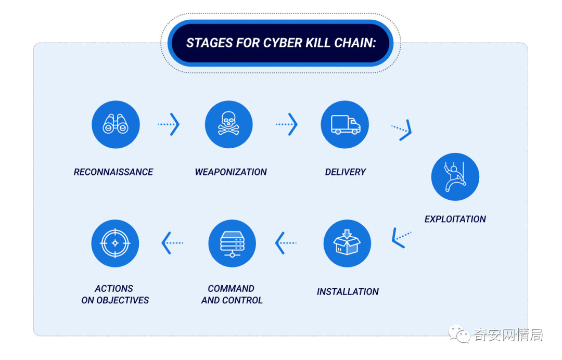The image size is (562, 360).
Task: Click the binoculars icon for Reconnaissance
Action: coord(116,124)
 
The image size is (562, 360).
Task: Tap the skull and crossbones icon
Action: coord(229,124)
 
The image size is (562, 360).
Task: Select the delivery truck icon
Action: coord(345,124)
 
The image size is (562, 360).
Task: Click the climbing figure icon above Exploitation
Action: coord(455,177)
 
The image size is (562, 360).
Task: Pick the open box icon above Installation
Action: coord(347,243)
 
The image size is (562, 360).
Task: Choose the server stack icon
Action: coord(232,243)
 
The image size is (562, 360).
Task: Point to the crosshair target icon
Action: coord(115,243)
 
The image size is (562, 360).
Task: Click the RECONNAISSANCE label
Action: coord(113,172)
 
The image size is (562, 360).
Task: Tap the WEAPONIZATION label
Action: coord(231,172)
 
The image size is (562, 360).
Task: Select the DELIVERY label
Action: coord(346,172)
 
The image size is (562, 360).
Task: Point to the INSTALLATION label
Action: coord(348,292)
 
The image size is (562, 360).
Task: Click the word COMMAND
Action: coord(231,289)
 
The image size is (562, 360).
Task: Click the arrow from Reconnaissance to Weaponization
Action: coord(169,124)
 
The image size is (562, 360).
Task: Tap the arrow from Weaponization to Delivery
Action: coord(287,124)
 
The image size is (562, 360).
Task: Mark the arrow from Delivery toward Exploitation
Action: coord(402,130)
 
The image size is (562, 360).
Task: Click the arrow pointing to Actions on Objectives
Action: coord(172,243)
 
